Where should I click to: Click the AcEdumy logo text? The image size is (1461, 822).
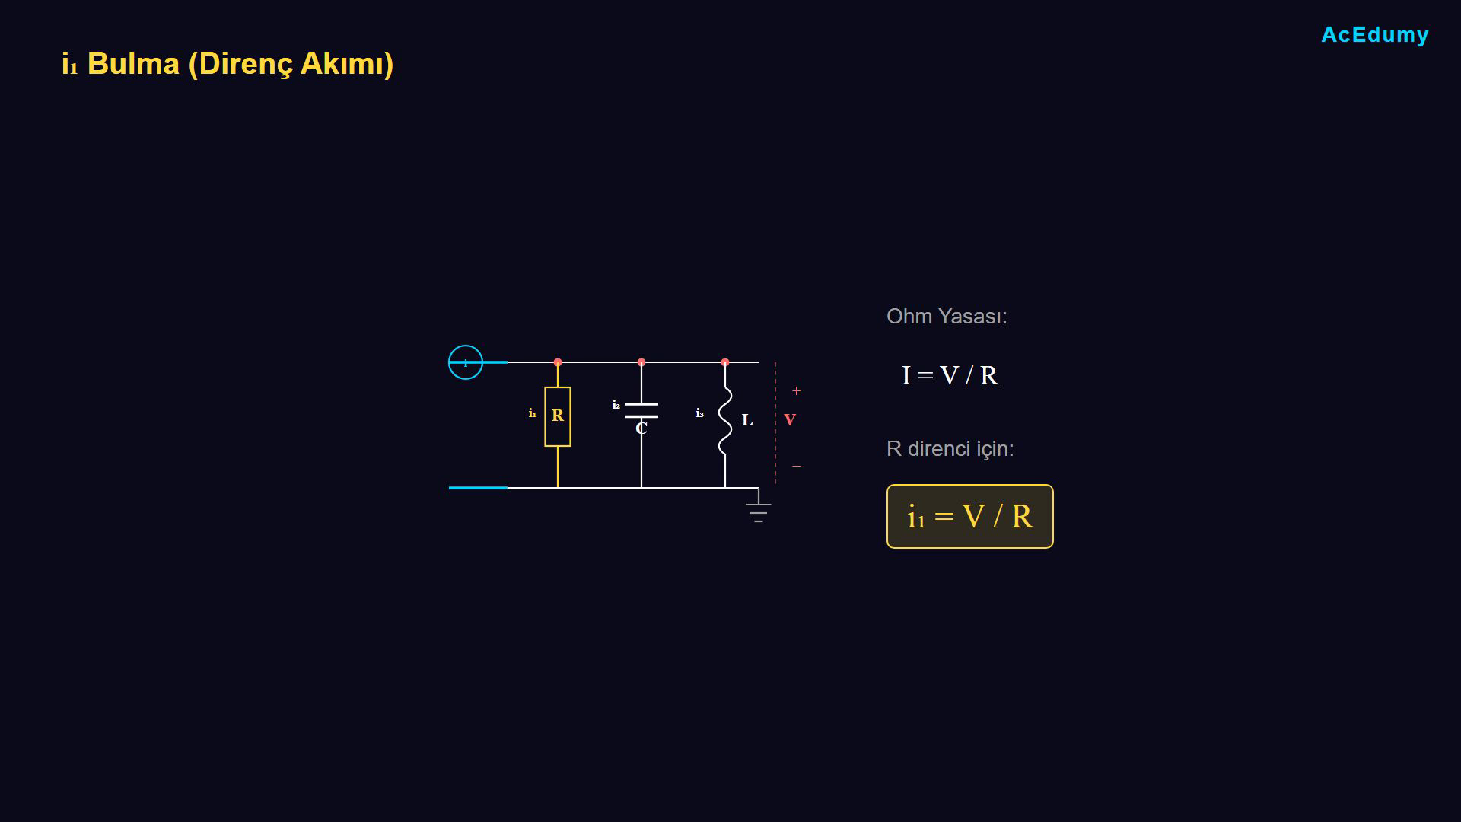[1375, 35]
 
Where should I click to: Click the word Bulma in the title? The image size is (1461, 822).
[133, 63]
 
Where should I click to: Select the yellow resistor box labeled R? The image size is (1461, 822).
[558, 416]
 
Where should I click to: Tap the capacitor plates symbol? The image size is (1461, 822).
[641, 410]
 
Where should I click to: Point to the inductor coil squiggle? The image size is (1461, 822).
[725, 421]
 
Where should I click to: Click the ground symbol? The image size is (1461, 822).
[759, 511]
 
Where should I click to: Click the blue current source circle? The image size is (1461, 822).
[466, 362]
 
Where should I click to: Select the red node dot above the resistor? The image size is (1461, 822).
[558, 362]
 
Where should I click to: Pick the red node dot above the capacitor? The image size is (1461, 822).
[641, 362]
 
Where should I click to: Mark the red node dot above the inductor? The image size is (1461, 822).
[725, 362]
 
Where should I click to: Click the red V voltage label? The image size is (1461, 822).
[790, 420]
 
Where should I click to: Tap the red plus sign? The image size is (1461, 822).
[797, 390]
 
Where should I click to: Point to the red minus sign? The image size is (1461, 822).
[797, 466]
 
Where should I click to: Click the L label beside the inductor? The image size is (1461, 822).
[747, 420]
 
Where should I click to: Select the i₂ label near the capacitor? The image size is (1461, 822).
[616, 405]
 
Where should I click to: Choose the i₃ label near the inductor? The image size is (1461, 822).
[700, 413]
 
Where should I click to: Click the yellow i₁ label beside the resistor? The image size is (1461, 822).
[533, 413]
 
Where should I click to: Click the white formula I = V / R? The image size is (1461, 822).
[950, 375]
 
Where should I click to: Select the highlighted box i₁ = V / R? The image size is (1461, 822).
[970, 517]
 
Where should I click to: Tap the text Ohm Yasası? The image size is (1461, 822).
[947, 317]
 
